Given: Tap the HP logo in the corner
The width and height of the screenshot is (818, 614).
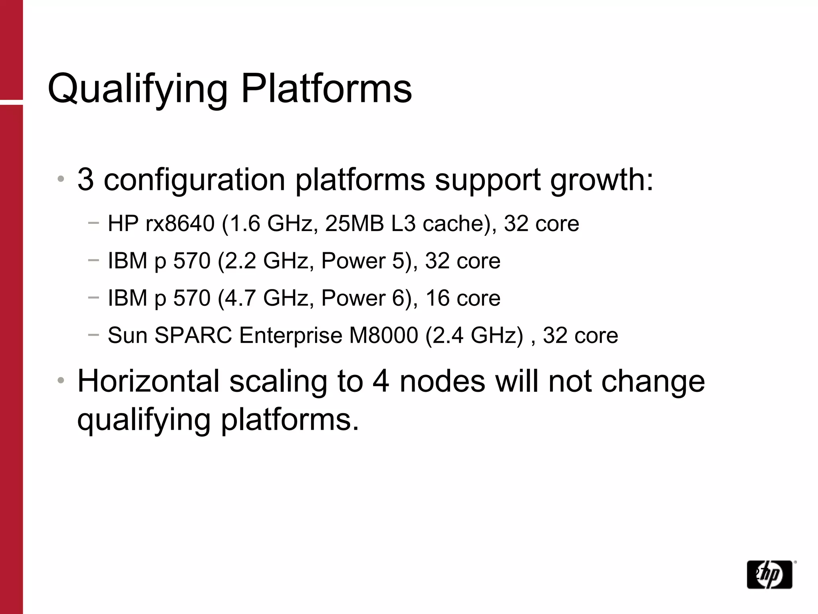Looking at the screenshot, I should pyautogui.click(x=769, y=574).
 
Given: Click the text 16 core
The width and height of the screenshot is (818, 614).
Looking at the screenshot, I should pyautogui.click(x=463, y=298).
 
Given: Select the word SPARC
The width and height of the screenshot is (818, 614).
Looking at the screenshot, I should pyautogui.click(x=193, y=335).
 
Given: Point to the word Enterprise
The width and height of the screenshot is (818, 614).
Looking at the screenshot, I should pyautogui.click(x=290, y=335).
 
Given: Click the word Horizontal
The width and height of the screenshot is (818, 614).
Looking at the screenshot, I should pyautogui.click(x=148, y=381).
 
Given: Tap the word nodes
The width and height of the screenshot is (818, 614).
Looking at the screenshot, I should pyautogui.click(x=442, y=381).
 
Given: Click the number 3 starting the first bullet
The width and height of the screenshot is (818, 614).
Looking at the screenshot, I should pyautogui.click(x=85, y=179).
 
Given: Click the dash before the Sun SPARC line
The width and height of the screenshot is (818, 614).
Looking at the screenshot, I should pyautogui.click(x=93, y=335).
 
